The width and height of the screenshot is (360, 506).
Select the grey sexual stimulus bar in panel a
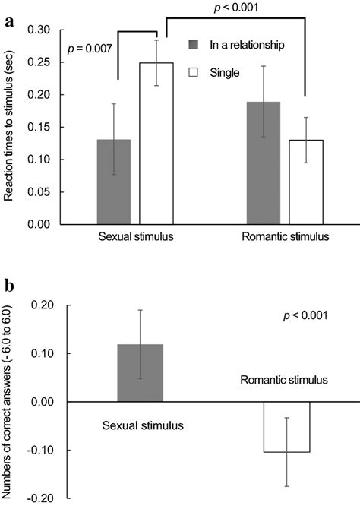click(x=114, y=182)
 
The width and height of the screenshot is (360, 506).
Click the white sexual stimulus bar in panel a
click(x=156, y=144)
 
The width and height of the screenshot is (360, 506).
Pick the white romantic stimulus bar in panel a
click(x=305, y=182)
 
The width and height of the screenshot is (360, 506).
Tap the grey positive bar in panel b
click(x=141, y=372)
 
